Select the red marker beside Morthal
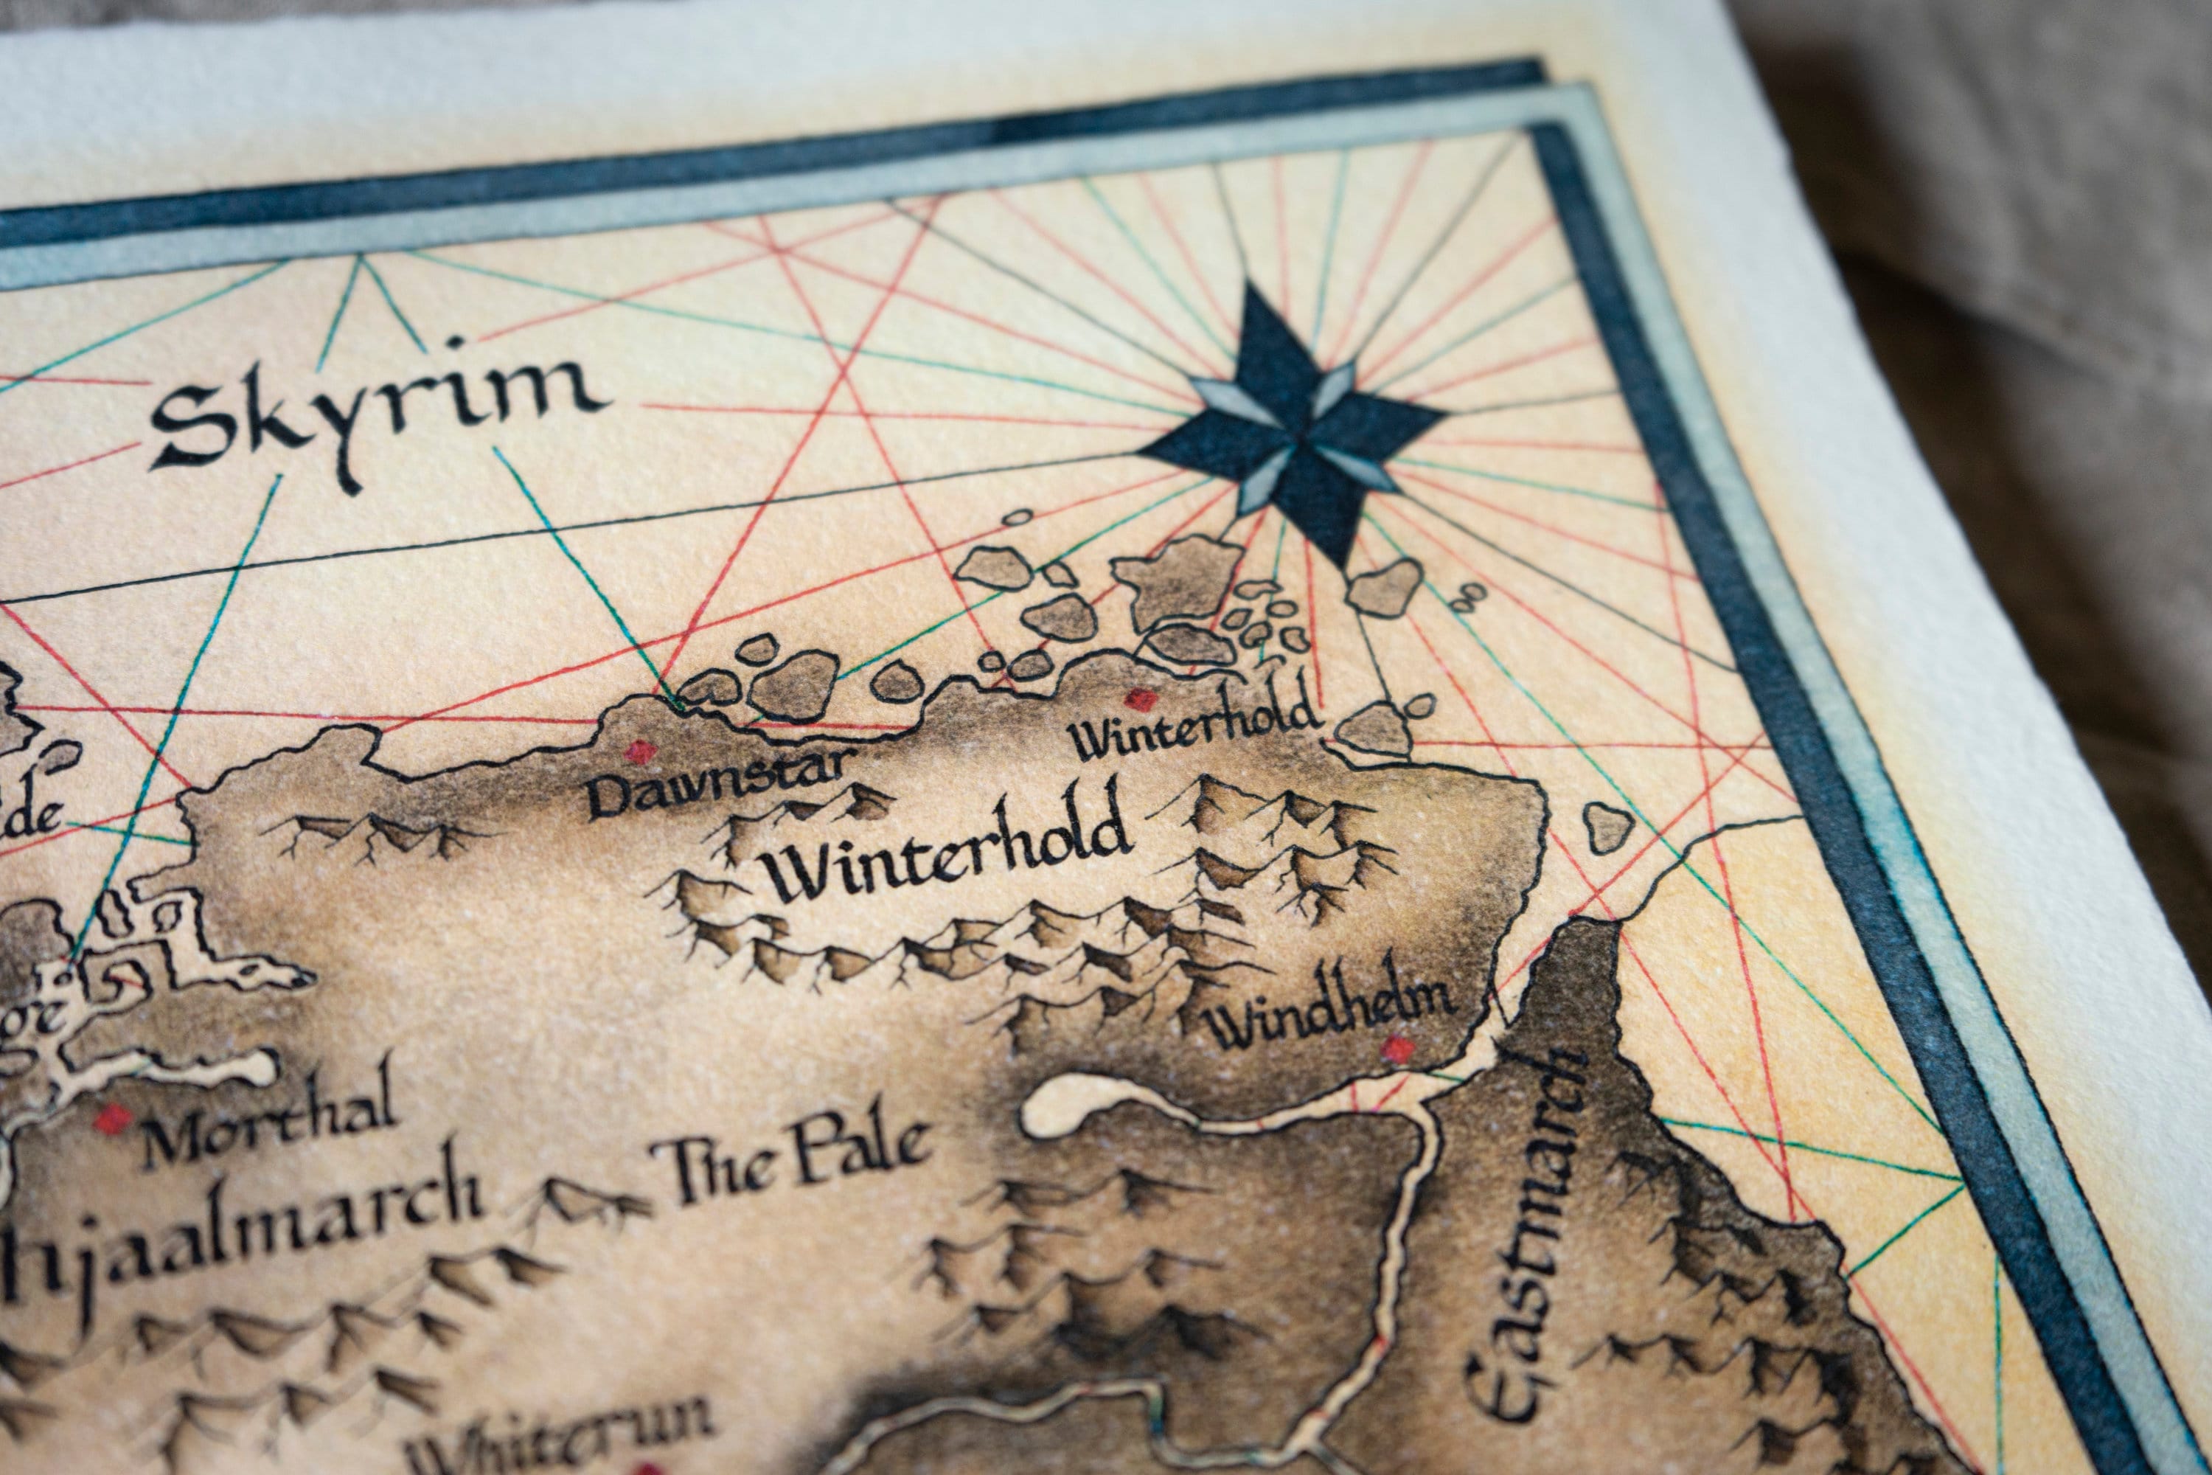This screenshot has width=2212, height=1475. pos(114,1119)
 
